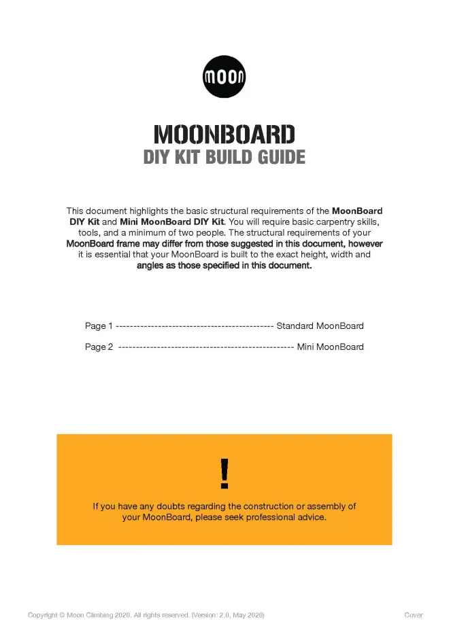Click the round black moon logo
click(224, 76)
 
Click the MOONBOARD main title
click(224, 134)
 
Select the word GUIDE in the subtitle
click(280, 158)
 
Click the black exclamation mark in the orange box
click(224, 474)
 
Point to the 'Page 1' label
click(99, 326)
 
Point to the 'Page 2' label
click(99, 347)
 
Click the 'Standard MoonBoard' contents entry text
click(320, 326)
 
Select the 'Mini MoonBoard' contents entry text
click(330, 347)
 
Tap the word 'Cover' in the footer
click(413, 616)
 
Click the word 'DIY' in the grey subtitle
click(158, 158)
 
